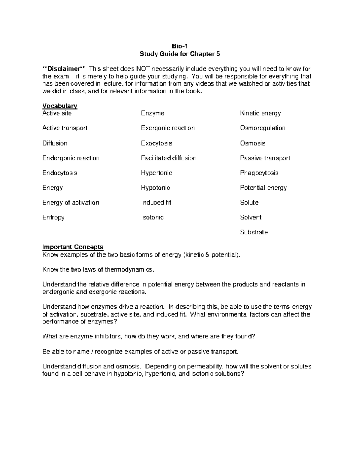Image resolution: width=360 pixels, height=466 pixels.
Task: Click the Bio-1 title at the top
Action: (180, 46)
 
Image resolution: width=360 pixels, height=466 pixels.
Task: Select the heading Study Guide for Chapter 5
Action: (180, 54)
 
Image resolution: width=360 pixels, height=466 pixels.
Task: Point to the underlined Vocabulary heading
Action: (60, 106)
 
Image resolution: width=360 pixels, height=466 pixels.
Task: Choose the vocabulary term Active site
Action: (57, 113)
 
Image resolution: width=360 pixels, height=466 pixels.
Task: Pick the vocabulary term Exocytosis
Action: (156, 143)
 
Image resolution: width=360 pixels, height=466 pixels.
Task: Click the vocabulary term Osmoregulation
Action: (262, 128)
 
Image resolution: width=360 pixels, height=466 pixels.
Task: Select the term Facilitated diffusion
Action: (169, 158)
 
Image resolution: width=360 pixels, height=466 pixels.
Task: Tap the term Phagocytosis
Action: (259, 173)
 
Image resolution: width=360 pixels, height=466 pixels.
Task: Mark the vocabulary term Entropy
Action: (53, 217)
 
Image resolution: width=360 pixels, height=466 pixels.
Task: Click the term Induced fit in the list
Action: (156, 203)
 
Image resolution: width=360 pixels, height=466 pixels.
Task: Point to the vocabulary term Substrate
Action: (254, 232)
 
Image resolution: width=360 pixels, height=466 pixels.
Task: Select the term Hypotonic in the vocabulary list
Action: (155, 188)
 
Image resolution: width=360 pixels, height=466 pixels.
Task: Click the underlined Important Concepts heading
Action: (73, 247)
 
